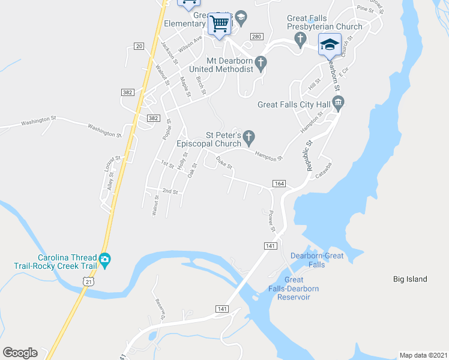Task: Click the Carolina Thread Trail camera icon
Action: [105, 259]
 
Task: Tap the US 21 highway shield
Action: [89, 281]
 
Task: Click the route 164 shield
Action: [279, 183]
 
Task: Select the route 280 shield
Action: [256, 37]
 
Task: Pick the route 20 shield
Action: [139, 46]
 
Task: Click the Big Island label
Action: [410, 279]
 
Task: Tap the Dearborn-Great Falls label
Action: [316, 260]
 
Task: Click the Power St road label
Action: [271, 221]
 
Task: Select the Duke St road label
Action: [224, 162]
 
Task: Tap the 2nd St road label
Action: [170, 191]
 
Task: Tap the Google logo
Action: [20, 353]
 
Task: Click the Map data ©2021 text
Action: [423, 355]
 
